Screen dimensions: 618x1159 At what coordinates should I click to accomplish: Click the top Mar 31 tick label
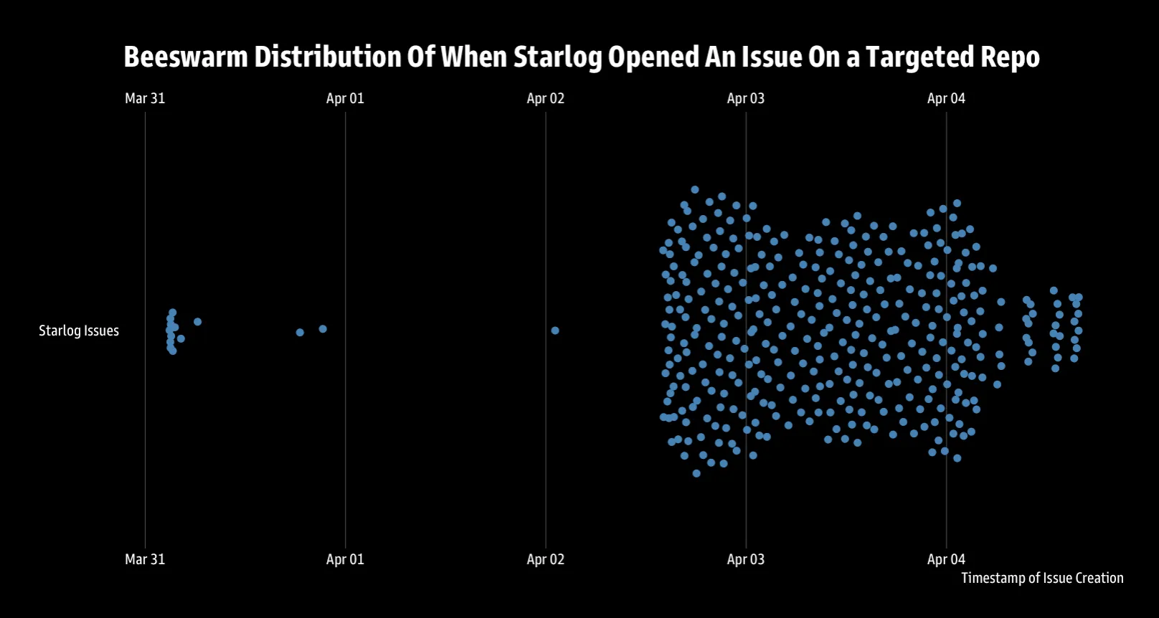pos(145,98)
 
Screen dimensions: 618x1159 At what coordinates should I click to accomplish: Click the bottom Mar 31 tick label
pos(145,559)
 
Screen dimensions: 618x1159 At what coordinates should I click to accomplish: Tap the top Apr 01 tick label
pos(345,98)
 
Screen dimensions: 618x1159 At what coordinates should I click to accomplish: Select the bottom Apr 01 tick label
pos(345,559)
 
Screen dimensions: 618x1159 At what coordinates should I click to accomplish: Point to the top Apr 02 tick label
pos(545,98)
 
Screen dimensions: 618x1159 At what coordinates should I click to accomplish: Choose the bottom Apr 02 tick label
pos(545,559)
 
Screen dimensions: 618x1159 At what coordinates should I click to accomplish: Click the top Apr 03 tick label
pos(745,98)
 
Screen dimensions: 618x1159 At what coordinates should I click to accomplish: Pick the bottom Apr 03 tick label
pos(745,559)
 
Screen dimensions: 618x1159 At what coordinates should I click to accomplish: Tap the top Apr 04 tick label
pos(946,98)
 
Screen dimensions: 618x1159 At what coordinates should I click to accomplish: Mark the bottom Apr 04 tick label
pos(946,559)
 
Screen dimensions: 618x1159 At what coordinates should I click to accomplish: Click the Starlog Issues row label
pos(79,331)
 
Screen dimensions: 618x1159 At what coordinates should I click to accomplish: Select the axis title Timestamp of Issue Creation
pos(1042,578)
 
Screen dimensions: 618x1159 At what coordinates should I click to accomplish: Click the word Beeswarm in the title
pos(186,57)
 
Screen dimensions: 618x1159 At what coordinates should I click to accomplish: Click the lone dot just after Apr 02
pos(555,331)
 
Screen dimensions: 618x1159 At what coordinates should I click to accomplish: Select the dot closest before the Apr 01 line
pos(323,329)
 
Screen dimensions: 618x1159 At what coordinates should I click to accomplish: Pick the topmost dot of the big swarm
pos(695,190)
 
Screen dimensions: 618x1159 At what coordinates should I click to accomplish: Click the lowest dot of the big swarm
pos(696,473)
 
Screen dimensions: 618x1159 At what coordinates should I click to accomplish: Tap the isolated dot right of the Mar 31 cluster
pos(198,322)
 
